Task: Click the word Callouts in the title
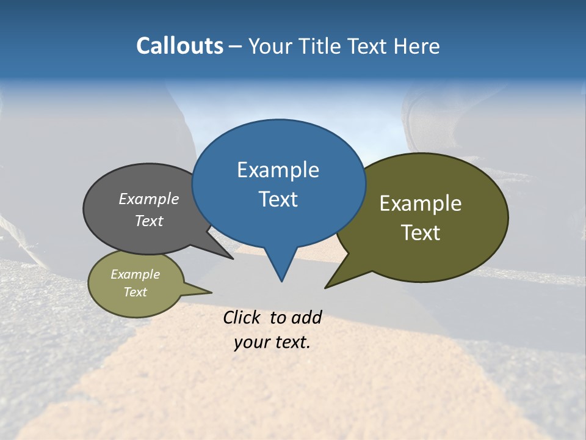179,46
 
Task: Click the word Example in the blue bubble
278,170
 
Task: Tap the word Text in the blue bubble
278,199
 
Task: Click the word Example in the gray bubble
148,199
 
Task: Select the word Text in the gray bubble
148,221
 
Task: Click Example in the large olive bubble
421,204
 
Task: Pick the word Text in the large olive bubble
421,233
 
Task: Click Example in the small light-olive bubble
135,275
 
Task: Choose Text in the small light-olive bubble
135,292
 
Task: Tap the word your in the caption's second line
252,342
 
